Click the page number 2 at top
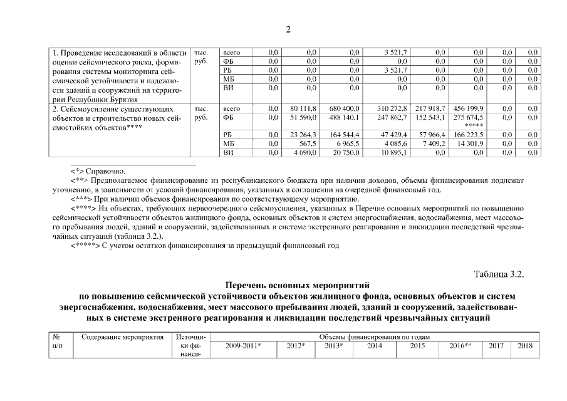(288, 29)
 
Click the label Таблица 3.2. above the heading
(499, 275)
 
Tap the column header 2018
(525, 345)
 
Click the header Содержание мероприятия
(123, 337)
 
